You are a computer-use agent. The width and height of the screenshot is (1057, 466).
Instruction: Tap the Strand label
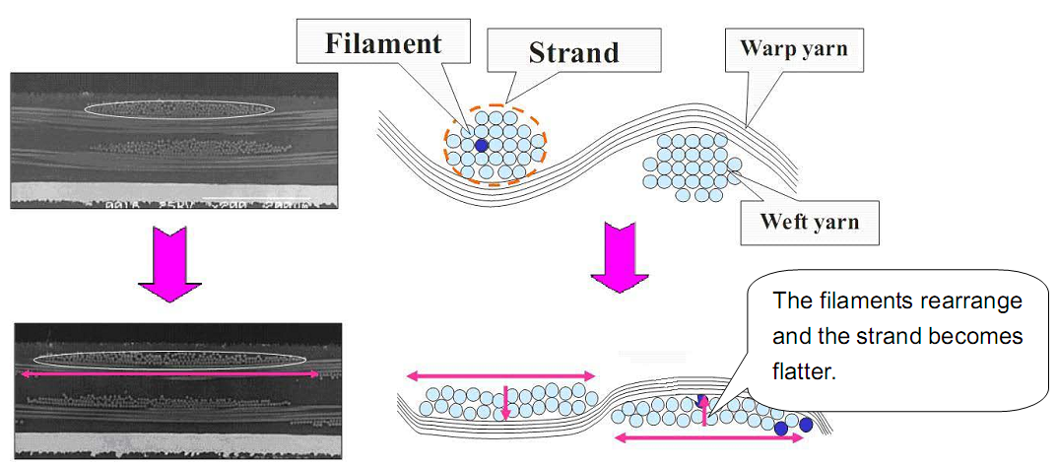574,51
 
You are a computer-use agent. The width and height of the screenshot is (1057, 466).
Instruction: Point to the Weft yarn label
809,221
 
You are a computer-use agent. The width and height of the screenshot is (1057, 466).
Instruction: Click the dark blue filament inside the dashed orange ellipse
482,145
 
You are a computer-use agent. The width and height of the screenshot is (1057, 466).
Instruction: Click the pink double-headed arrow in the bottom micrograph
170,374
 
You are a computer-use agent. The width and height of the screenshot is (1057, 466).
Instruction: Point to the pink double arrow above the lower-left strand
502,375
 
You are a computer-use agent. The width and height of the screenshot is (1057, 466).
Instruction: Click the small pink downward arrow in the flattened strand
505,403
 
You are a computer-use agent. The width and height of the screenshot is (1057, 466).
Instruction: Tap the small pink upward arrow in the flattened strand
705,411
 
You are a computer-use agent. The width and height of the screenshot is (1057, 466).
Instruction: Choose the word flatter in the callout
805,373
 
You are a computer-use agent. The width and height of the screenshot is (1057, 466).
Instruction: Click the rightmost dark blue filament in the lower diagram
806,425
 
